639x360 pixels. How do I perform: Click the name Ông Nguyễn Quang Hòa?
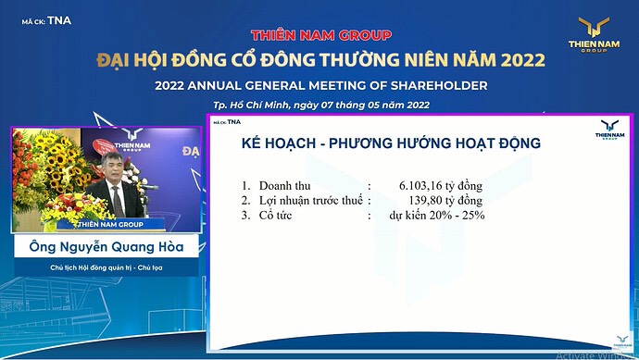tap(105, 247)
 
